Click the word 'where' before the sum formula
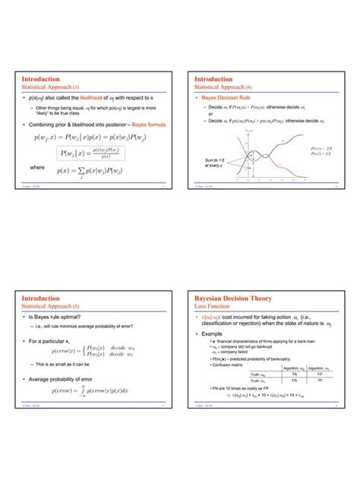[x=37, y=168]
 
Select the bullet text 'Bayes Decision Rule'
[x=226, y=99]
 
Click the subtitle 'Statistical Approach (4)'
[x=224, y=87]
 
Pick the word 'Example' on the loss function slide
[x=215, y=333]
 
